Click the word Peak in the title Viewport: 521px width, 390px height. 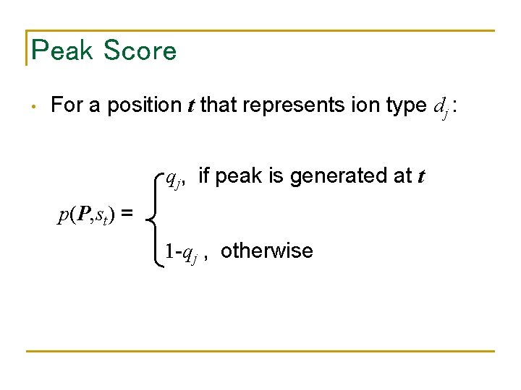pyautogui.click(x=62, y=51)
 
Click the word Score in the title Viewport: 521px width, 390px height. pyautogui.click(x=140, y=51)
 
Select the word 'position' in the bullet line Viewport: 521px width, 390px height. pyautogui.click(x=144, y=105)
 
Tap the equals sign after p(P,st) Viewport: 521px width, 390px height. pyautogui.click(x=127, y=214)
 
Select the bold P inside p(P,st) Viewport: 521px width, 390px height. pyautogui.click(x=85, y=214)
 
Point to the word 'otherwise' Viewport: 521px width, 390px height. pyautogui.click(x=266, y=251)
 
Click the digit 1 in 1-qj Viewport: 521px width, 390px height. pyautogui.click(x=168, y=251)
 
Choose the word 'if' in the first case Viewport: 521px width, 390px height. pyautogui.click(x=203, y=175)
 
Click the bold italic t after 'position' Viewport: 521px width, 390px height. pyautogui.click(x=189, y=105)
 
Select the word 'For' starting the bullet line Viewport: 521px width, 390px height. pyautogui.click(x=67, y=105)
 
